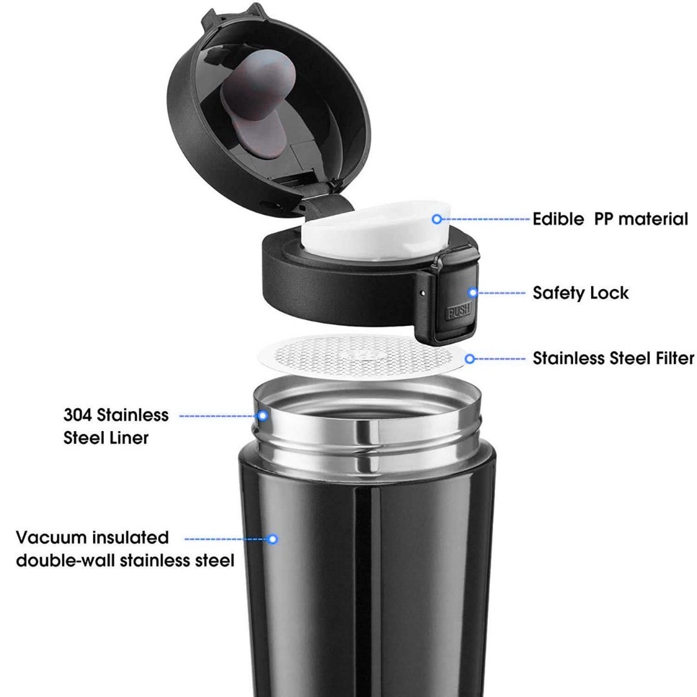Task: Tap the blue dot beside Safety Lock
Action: [x=473, y=292]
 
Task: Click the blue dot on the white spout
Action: [x=437, y=219]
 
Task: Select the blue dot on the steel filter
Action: [x=470, y=359]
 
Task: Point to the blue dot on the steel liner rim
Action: [x=263, y=416]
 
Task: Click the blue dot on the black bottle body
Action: [x=273, y=539]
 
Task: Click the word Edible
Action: [x=558, y=219]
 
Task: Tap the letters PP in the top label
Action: [x=603, y=219]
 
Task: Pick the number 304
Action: [x=78, y=415]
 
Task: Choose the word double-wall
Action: [x=66, y=561]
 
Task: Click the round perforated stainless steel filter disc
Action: [x=362, y=356]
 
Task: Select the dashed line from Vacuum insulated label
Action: [x=226, y=539]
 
